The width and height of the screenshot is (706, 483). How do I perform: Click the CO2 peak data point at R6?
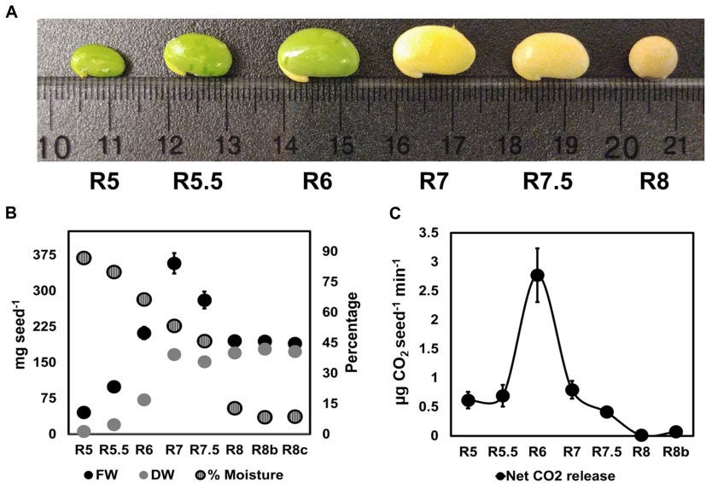(x=537, y=275)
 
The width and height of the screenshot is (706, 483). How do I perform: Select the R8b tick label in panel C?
(x=677, y=448)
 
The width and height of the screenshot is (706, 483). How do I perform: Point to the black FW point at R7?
(x=174, y=263)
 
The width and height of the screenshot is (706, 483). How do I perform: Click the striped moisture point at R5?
(x=83, y=258)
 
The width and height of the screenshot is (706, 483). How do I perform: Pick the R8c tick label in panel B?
(x=295, y=449)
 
